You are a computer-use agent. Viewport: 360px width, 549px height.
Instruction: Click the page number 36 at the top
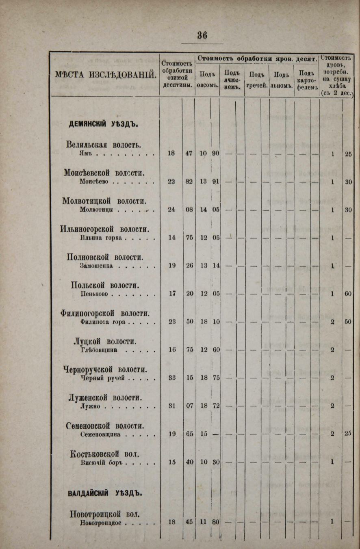pos(202,35)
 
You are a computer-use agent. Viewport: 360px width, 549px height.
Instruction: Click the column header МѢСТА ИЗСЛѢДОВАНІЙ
pos(106,75)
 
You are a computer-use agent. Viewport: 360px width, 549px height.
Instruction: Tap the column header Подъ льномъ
pos(282,80)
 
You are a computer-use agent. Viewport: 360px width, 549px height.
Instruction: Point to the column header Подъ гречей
pos(257,80)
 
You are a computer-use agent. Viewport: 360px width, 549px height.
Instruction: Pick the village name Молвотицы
pos(96,210)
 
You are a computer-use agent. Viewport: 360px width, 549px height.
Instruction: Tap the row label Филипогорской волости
pos(105,313)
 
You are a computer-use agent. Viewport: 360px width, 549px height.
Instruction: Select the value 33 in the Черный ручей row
pos(172,377)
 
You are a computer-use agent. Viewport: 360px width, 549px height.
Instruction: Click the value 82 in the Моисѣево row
pos(189,182)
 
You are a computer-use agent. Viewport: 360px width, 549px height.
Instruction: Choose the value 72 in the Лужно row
pos(216,405)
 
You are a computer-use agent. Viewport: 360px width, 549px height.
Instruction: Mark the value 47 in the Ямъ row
pos(189,153)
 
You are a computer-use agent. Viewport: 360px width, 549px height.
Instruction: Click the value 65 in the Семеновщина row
pos(189,434)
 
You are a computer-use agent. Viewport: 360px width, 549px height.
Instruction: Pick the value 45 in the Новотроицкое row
pos(189,522)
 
